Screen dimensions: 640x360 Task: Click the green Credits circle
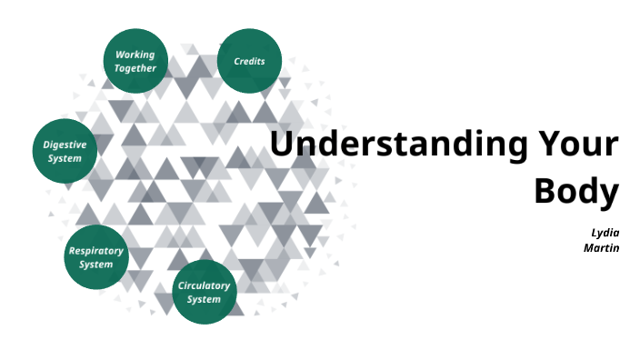249,61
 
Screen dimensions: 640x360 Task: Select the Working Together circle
135,61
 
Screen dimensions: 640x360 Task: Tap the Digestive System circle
65,151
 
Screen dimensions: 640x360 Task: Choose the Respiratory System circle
95,257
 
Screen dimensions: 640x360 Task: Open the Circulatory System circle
204,292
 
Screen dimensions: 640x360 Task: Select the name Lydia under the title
605,232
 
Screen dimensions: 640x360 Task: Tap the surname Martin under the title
601,246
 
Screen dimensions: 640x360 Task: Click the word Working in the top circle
135,55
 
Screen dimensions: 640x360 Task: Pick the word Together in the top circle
135,68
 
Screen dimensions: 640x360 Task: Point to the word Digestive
65,145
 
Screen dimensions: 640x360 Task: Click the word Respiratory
95,251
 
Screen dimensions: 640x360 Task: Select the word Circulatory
204,285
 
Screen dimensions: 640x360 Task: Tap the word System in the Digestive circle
65,158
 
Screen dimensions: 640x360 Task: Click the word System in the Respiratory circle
95,265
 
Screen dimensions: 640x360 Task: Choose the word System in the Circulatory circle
204,299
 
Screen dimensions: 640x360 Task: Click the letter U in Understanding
283,145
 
